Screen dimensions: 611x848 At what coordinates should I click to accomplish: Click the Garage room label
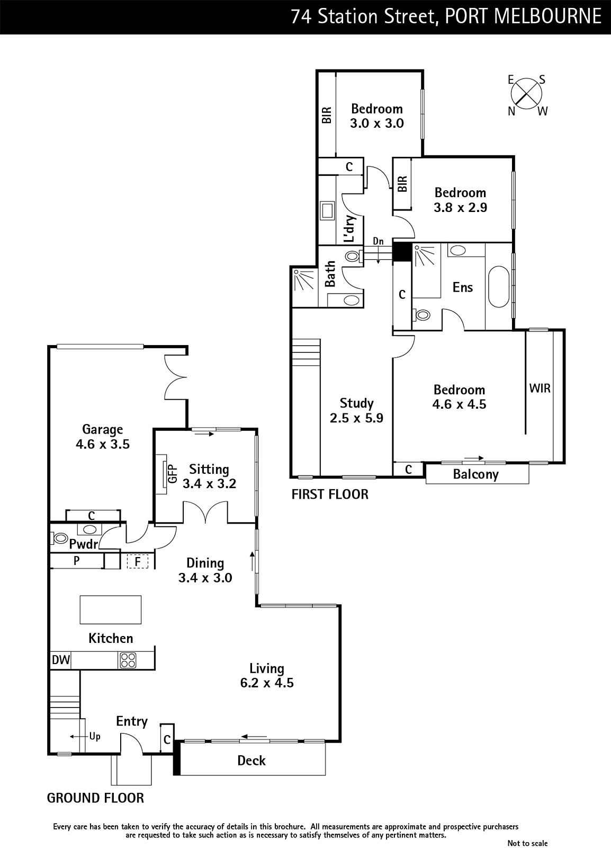(103, 429)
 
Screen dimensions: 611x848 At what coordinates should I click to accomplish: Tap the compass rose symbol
(526, 94)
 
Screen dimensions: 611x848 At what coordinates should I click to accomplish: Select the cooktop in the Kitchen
(128, 660)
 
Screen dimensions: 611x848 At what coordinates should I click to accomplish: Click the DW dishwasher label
(60, 660)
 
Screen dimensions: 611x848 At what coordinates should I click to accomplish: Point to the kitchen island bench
(111, 609)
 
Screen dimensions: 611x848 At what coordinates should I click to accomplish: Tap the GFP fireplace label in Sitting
(172, 473)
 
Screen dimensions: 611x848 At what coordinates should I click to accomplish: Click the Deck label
(251, 761)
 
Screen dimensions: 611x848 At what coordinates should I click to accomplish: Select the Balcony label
(475, 474)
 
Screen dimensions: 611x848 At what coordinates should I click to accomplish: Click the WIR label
(540, 388)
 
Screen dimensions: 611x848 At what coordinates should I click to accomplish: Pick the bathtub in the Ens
(499, 287)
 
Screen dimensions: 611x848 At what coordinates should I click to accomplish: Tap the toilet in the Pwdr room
(59, 537)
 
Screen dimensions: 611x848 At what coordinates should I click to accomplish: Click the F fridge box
(137, 561)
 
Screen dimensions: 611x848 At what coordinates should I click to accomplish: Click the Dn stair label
(378, 241)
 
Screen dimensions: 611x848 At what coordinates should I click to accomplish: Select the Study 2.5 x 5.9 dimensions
(356, 418)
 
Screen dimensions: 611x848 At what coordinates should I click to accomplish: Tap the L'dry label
(350, 228)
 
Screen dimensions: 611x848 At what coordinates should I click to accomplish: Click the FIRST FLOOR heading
(330, 494)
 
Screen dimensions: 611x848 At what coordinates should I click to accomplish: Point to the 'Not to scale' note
(527, 843)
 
